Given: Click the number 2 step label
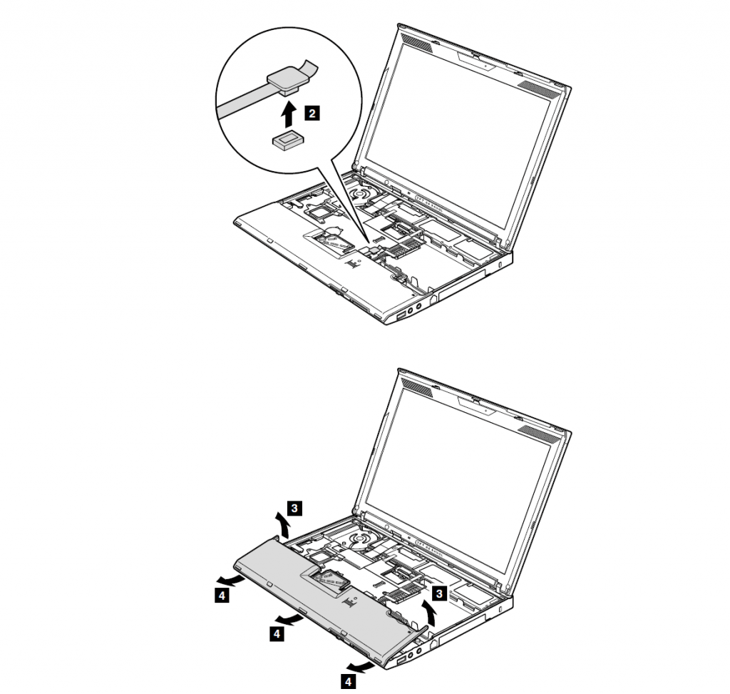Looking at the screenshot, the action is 312,113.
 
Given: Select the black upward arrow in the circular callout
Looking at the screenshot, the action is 289,114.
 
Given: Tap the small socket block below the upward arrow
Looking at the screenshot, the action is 288,141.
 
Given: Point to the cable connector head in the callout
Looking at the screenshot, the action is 287,79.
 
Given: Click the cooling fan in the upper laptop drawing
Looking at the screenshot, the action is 361,193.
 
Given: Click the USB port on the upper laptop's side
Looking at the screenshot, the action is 401,316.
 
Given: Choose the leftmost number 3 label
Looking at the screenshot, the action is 294,508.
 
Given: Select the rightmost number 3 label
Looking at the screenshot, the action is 439,593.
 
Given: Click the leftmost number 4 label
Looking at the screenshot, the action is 222,596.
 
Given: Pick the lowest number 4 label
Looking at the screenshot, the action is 348,682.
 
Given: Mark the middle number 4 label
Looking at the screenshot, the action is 277,634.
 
